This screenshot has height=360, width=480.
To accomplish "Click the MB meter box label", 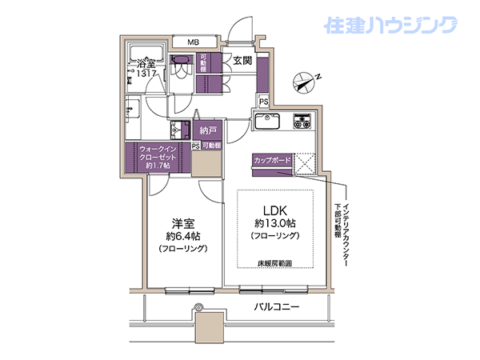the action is (x=193, y=42).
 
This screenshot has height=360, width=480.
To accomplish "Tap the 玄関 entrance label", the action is (x=242, y=61).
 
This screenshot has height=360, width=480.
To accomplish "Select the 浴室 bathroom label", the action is (x=146, y=64).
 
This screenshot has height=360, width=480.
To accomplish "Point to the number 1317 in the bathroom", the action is (x=146, y=74).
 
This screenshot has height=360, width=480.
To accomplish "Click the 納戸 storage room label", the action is (x=208, y=130).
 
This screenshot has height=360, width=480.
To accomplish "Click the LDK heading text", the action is (x=275, y=210).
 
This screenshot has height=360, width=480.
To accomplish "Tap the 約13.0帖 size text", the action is (x=275, y=223).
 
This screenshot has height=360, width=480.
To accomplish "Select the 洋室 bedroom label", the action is (x=183, y=224).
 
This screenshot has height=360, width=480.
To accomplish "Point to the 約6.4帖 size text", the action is (x=183, y=236).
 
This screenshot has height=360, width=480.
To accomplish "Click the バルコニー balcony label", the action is (x=277, y=306).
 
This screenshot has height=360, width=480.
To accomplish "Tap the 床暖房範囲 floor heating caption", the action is (x=274, y=263).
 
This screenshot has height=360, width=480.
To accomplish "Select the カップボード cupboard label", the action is (x=272, y=160).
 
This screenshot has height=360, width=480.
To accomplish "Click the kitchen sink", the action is (x=267, y=121).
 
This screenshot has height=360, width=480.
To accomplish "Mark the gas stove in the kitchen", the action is (x=302, y=121).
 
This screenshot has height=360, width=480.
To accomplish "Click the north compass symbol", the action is (x=304, y=82).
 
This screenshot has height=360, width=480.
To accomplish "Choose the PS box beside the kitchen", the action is (x=263, y=102).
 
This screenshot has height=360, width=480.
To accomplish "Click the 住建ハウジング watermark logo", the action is (x=391, y=25).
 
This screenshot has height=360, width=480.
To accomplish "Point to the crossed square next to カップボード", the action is (x=304, y=164).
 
